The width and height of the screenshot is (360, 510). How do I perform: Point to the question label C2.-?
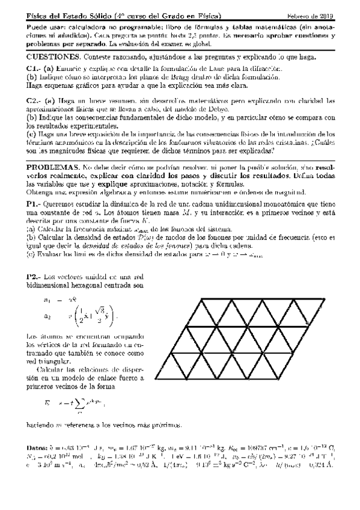click(x=35, y=100)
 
